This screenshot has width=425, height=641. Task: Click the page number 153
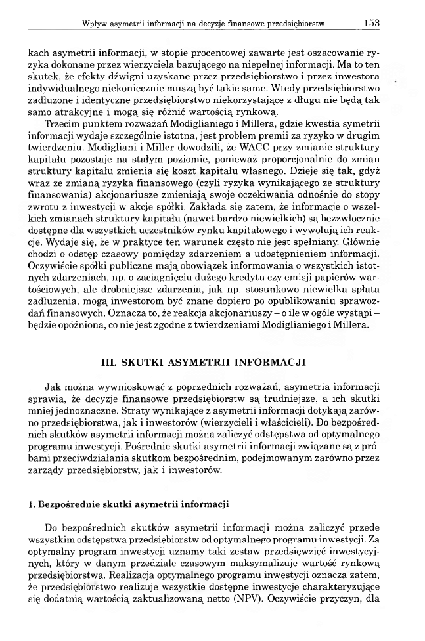click(x=372, y=22)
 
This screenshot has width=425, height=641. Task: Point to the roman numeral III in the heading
click(x=104, y=363)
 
